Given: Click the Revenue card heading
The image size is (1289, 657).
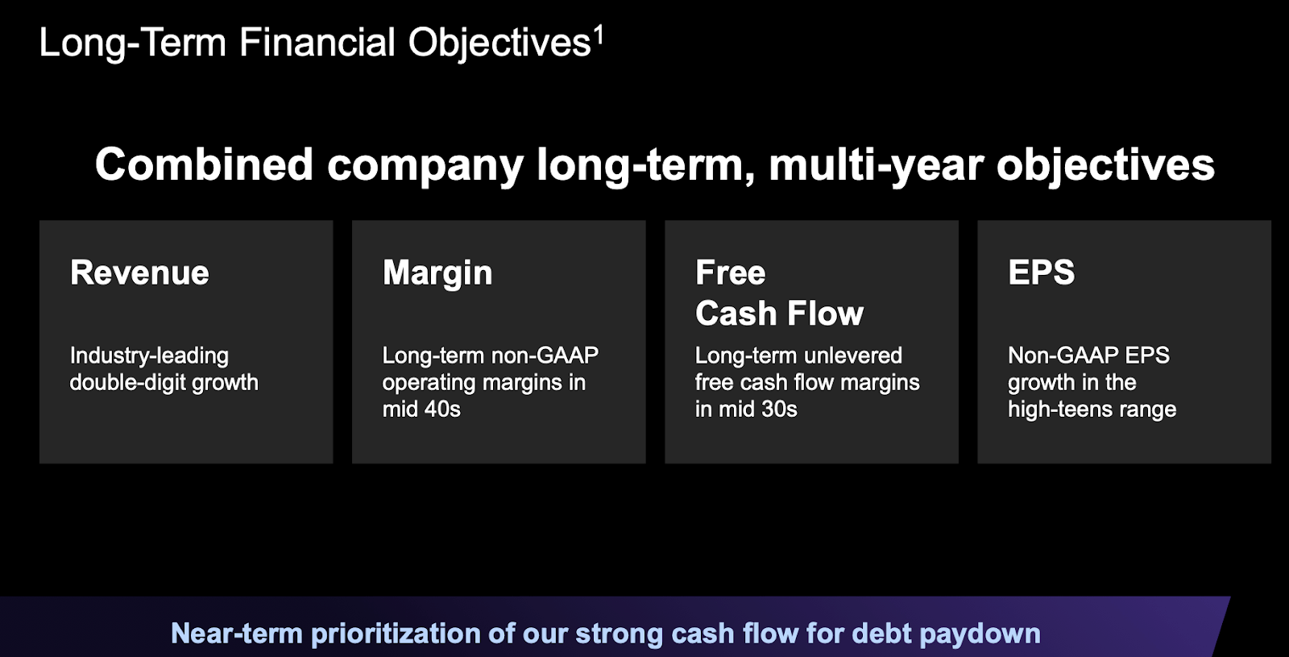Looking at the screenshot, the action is (139, 272).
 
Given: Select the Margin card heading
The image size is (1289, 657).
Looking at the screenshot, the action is (437, 273).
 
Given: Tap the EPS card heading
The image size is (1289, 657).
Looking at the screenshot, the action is (1041, 272).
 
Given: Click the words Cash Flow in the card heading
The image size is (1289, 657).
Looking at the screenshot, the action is (779, 314).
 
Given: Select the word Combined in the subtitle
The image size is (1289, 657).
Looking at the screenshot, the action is (205, 164).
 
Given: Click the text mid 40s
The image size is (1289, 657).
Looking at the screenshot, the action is (422, 410).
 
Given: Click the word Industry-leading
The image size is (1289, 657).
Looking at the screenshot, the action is (149, 356).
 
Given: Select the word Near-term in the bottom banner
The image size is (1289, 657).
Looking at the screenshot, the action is (237, 634).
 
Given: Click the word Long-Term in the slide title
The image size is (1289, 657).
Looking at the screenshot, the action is (132, 43).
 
